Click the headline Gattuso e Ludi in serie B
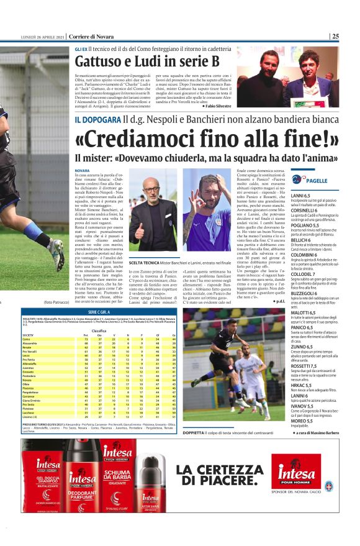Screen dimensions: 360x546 tap(147, 61)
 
